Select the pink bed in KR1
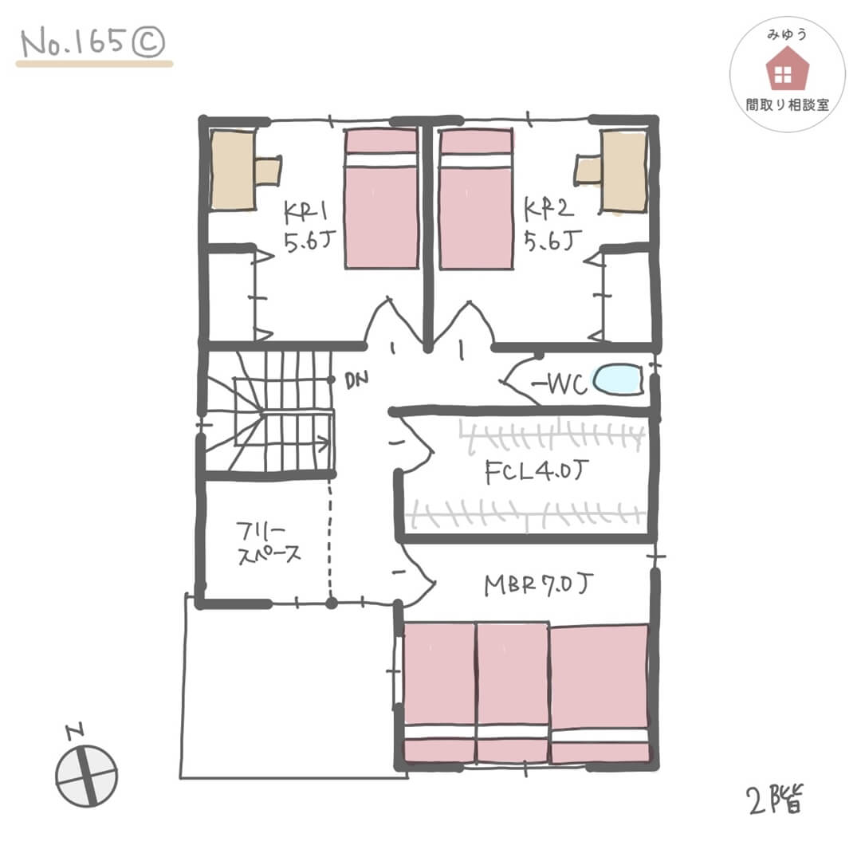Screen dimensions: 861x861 pos(381,199)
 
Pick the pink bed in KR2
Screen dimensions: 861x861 pos(476,199)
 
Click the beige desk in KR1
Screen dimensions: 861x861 pos(234,170)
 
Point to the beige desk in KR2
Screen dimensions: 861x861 pos(625,171)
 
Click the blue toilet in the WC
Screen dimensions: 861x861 pos(618,379)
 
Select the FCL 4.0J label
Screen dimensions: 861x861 pos(537,471)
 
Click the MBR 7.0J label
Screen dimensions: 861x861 pos(538,585)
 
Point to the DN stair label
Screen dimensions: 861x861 pos(356,380)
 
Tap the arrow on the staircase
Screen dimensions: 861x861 pos(297,442)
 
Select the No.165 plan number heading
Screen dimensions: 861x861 pos(92,42)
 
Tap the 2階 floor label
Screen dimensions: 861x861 pos(775,800)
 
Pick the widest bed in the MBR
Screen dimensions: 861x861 pos(599,694)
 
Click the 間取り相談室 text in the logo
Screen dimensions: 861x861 pos(787,105)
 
